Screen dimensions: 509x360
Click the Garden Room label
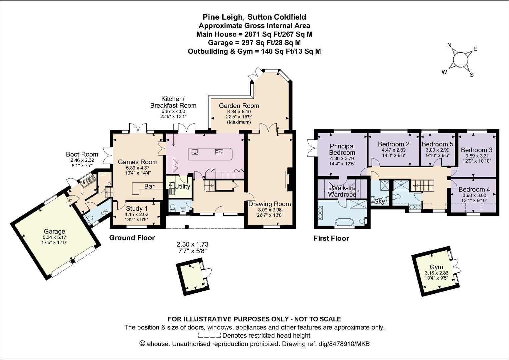[239, 106]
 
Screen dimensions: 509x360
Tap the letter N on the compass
[449, 45]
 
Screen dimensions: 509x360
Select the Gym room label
[436, 267]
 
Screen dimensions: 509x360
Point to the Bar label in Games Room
[149, 186]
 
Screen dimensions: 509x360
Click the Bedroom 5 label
[437, 144]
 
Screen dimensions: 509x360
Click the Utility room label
[182, 187]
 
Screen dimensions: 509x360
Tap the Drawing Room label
[269, 204]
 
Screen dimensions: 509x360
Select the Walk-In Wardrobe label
[342, 191]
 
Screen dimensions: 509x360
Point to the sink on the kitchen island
[195, 151]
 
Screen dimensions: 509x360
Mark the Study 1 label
[137, 208]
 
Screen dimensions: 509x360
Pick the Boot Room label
[82, 154]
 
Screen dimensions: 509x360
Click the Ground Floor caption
[132, 238]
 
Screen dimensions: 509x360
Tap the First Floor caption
[331, 238]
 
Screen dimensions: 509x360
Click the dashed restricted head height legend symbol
[209, 335]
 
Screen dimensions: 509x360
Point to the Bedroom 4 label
[474, 189]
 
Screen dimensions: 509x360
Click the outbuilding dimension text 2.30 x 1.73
[192, 245]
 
